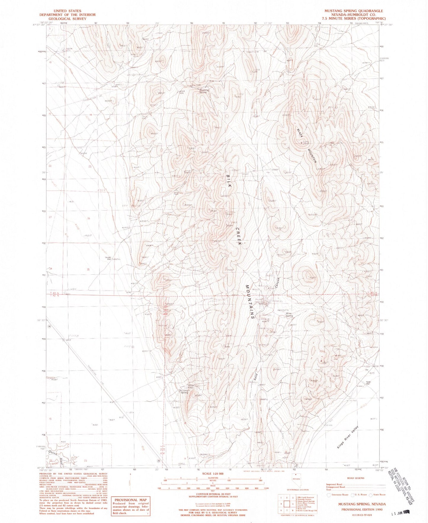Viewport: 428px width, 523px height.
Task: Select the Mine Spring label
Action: coord(289,314)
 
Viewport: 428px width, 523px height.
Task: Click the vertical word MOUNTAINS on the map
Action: coord(249,302)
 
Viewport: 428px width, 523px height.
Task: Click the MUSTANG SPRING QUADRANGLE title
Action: coord(353,11)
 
